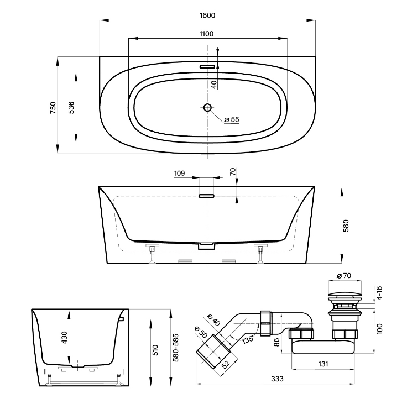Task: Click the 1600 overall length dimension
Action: (x=207, y=15)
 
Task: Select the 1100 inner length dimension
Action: (x=206, y=34)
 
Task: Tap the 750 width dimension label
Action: (x=53, y=107)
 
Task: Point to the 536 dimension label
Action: (x=71, y=107)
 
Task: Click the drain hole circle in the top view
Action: (x=207, y=107)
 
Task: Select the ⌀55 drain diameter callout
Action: (x=232, y=119)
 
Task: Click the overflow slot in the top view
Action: (x=207, y=67)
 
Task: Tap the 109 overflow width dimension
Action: (x=179, y=173)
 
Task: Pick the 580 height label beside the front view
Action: (x=346, y=226)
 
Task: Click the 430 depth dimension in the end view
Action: (x=65, y=337)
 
